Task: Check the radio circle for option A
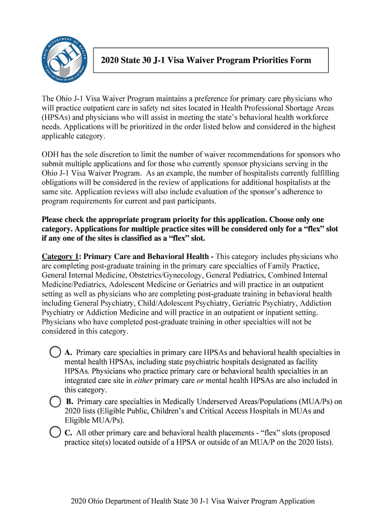pos(56,352)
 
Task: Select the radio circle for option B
pos(56,402)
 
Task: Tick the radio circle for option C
pos(56,433)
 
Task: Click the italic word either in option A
pos(142,380)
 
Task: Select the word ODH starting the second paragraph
pos(50,154)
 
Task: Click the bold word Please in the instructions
pos(54,220)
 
